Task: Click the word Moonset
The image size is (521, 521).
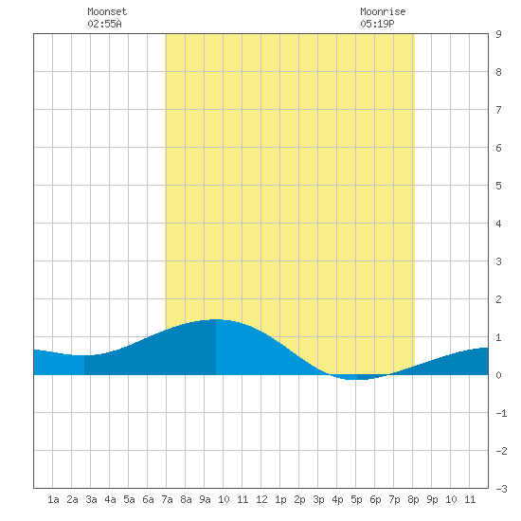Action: (x=107, y=11)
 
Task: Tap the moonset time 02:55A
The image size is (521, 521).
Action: (x=104, y=24)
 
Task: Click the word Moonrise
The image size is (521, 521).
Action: (x=383, y=11)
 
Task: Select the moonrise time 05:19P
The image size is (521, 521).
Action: (x=377, y=24)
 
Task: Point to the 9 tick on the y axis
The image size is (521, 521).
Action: (x=498, y=34)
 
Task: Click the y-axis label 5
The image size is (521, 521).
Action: (x=498, y=186)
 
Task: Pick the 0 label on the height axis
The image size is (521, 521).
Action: (x=498, y=375)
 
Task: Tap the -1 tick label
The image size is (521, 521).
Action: (x=501, y=413)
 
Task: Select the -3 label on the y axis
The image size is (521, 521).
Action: (x=501, y=489)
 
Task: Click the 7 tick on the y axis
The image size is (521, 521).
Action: (x=498, y=110)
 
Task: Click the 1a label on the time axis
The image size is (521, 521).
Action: (x=53, y=499)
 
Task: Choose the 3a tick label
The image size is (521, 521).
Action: (x=91, y=499)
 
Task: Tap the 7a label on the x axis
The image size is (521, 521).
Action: (x=167, y=499)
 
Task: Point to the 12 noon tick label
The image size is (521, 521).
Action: (x=261, y=499)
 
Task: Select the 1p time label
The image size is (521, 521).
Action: (x=280, y=499)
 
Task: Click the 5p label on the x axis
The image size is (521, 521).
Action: (x=356, y=499)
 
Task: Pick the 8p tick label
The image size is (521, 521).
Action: (x=413, y=499)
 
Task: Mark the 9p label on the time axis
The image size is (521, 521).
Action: (x=432, y=499)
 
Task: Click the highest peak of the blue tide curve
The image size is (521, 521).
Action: (x=216, y=319)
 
